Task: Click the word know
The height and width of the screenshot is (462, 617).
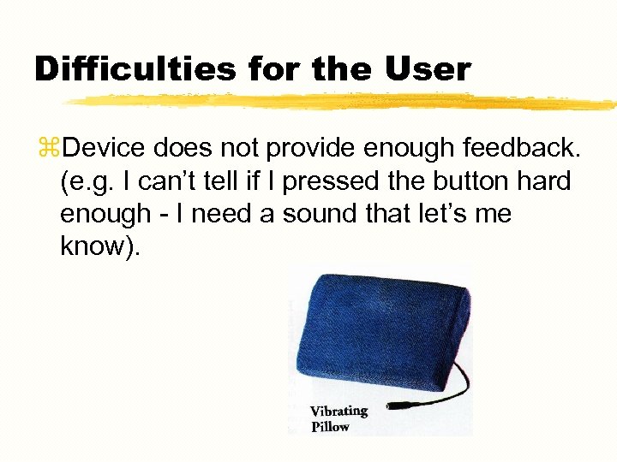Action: tap(93, 246)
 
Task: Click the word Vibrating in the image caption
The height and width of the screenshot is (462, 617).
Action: tap(338, 411)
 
